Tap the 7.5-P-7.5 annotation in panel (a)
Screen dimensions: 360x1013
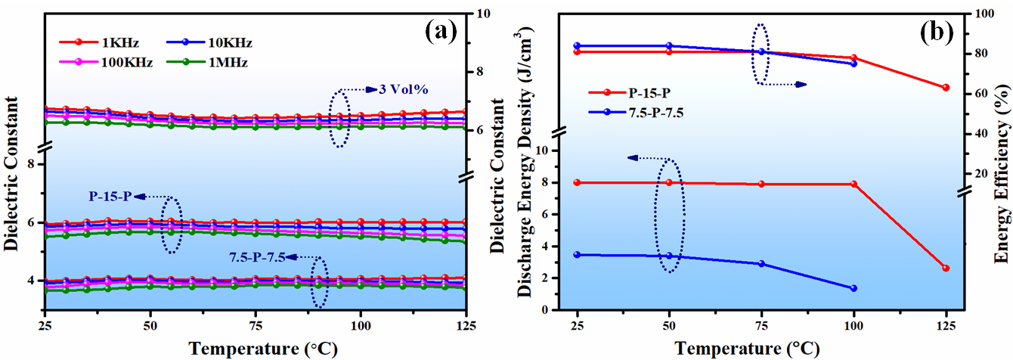coord(256,257)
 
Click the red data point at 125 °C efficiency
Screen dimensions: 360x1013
coord(945,88)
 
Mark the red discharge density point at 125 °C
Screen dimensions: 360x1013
coord(945,268)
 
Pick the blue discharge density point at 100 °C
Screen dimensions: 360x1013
coord(853,288)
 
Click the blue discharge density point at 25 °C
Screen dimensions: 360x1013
coord(578,255)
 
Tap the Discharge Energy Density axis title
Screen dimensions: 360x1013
coord(521,166)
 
